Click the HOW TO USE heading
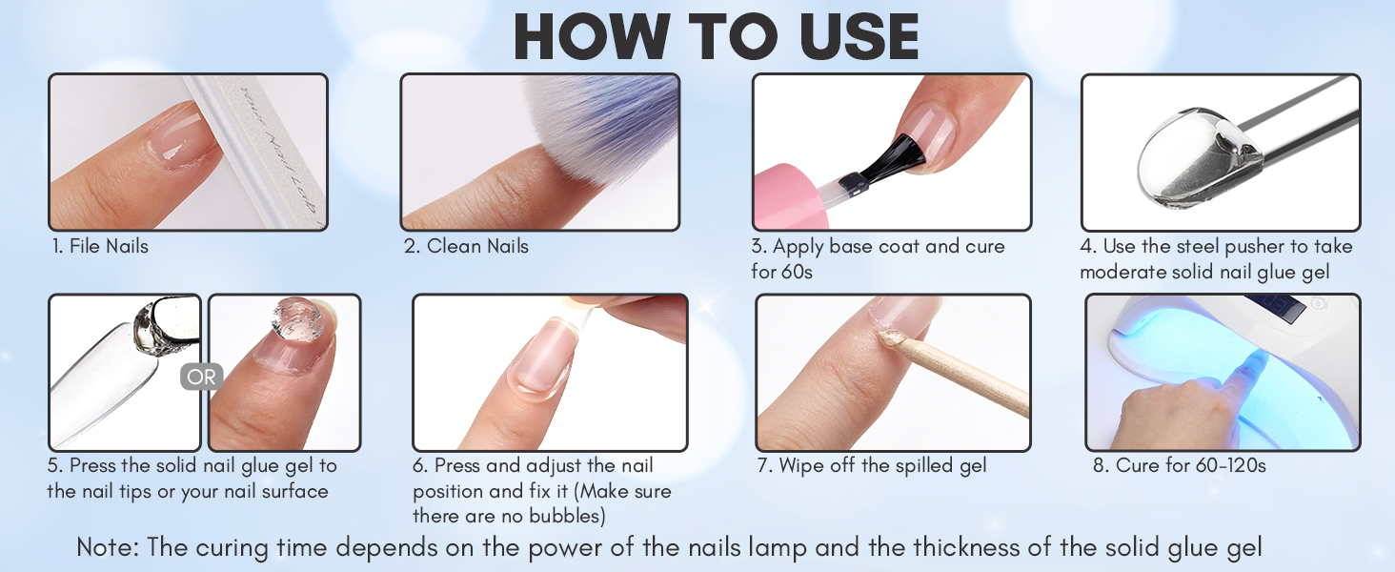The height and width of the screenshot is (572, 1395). click(716, 37)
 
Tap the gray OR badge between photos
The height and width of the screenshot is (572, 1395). click(201, 377)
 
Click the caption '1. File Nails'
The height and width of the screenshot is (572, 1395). click(100, 246)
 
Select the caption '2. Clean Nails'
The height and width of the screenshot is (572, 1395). click(466, 246)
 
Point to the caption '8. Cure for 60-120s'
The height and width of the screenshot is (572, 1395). click(1178, 466)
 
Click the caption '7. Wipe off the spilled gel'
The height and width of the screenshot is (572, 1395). click(872, 466)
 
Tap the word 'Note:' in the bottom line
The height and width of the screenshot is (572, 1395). click(107, 548)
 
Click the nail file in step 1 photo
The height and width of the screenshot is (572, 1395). click(257, 153)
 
